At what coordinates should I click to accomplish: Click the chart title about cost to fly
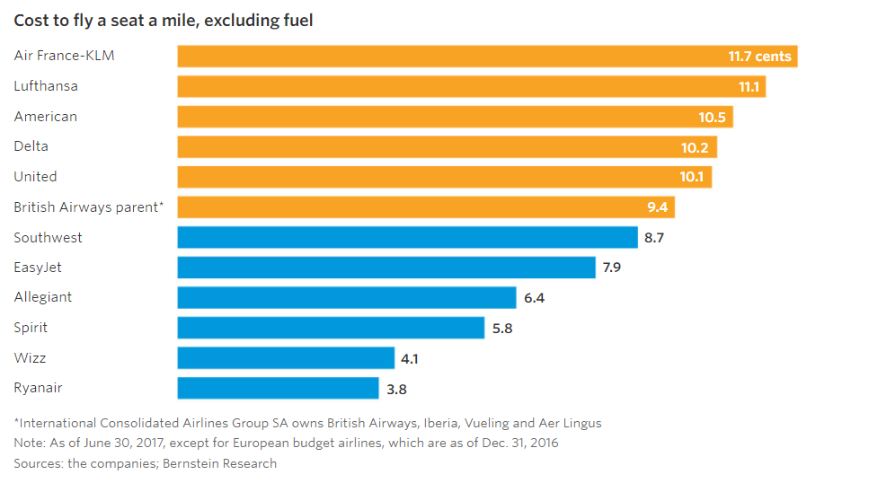[x=164, y=20]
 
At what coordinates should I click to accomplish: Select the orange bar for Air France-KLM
[x=449, y=57]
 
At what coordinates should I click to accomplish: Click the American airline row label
[x=46, y=117]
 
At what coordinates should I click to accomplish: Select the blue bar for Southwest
[x=407, y=237]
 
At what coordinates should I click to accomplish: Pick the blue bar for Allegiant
[x=347, y=297]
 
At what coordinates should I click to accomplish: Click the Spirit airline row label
[x=31, y=328]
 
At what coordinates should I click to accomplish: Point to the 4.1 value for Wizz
[x=409, y=358]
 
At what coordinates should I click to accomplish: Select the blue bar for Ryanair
[x=278, y=388]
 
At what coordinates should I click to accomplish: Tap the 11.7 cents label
[x=759, y=57]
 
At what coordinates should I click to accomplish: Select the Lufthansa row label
[x=46, y=86]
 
